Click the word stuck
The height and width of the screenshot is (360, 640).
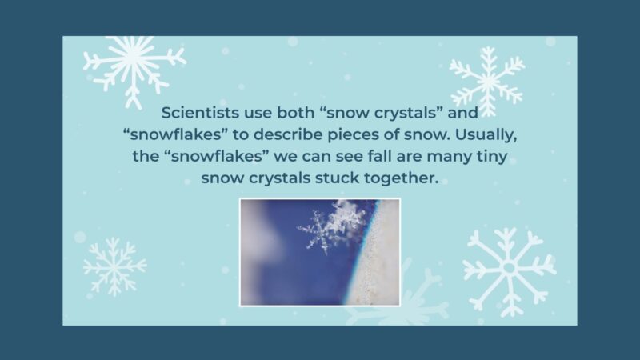click(x=350, y=177)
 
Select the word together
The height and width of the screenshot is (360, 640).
click(x=408, y=177)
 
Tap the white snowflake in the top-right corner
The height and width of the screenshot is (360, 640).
click(x=487, y=81)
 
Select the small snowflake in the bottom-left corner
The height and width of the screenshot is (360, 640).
click(x=114, y=266)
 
